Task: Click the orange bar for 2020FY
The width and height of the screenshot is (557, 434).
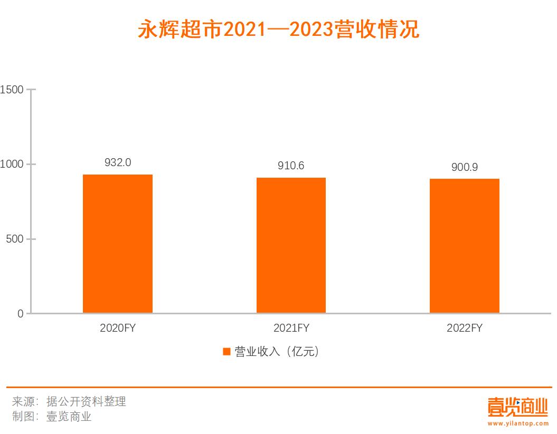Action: click(118, 244)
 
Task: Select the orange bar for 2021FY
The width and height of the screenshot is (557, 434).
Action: click(291, 245)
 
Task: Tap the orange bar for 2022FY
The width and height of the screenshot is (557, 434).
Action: click(464, 246)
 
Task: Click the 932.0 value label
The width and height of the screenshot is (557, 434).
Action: click(118, 162)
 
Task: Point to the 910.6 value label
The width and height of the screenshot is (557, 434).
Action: click(291, 166)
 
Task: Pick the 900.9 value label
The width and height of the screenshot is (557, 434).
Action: click(465, 167)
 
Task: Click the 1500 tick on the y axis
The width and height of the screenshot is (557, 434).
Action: click(12, 90)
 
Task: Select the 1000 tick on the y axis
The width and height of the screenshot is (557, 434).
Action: click(12, 165)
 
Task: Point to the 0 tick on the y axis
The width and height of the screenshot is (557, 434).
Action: click(21, 314)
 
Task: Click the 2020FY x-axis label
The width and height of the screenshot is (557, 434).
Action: click(118, 328)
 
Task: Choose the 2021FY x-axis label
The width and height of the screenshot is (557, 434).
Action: click(291, 328)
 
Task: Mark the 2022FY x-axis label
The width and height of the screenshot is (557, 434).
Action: click(465, 328)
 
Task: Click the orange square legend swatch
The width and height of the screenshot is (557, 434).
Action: click(226, 352)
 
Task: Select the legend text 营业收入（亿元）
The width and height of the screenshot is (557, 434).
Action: click(278, 352)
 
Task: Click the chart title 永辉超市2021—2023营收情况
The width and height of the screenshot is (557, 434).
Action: click(278, 30)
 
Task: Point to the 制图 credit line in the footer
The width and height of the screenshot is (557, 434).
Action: click(52, 417)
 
